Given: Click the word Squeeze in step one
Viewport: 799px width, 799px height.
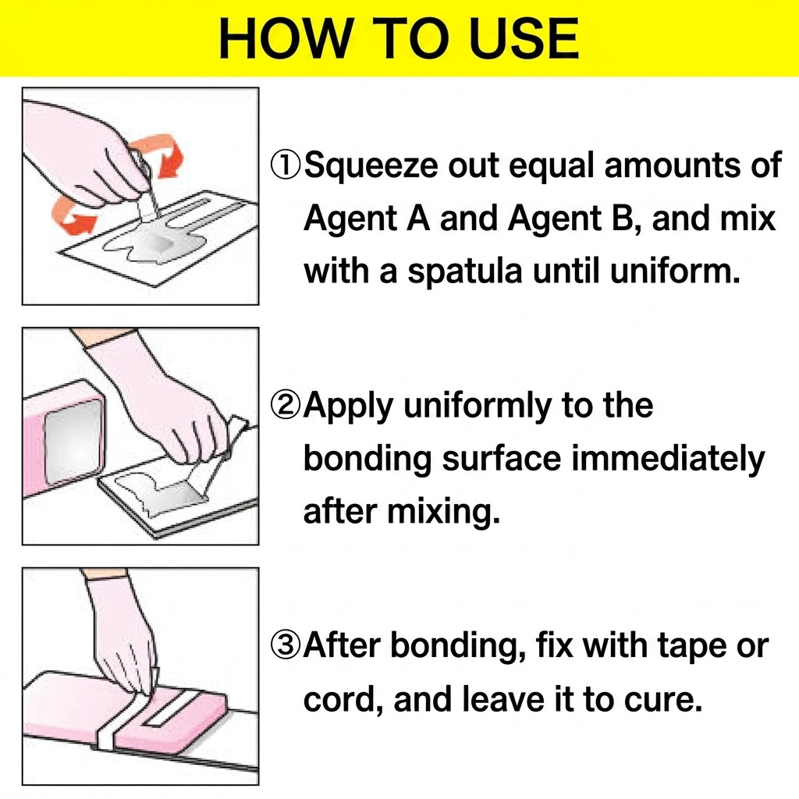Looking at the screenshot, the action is (371, 165).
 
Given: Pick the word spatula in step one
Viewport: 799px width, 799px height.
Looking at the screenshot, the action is (465, 271).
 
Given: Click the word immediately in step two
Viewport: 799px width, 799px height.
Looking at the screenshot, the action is (669, 459).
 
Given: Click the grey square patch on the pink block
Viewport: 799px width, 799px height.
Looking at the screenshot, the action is (74, 442).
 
